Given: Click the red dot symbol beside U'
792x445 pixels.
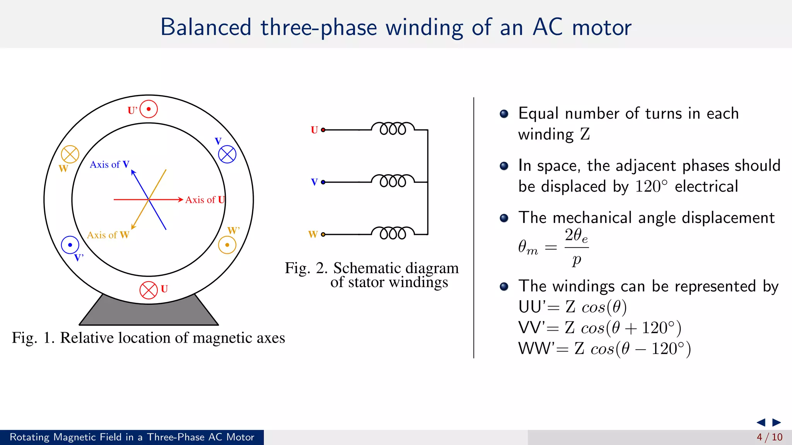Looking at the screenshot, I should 148,109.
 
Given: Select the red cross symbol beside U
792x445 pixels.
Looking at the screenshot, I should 148,290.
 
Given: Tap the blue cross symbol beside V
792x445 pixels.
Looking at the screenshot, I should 227,155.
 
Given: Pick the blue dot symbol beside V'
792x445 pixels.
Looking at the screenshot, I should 70,245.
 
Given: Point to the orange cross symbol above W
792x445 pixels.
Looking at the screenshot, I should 70,155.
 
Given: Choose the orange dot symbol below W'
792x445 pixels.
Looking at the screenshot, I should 227,245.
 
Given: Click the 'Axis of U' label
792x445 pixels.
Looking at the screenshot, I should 205,200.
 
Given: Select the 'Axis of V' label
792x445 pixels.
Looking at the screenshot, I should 109,165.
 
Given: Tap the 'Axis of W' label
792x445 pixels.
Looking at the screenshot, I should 108,235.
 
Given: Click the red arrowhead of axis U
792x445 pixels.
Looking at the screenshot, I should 180,200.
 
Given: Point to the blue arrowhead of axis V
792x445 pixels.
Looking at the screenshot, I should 133,172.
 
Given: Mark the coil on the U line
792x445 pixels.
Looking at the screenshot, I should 393,129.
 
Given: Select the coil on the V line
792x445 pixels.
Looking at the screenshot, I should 393,181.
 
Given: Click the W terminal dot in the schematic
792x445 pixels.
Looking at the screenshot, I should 323,234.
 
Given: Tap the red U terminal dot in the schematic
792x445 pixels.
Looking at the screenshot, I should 323,130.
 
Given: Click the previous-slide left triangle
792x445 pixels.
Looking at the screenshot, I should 761,422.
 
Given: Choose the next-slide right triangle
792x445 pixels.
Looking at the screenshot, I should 777,422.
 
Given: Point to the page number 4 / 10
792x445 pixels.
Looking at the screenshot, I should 770,437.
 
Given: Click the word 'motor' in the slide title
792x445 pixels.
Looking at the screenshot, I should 601,28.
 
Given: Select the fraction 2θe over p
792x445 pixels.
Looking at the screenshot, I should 576,247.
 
